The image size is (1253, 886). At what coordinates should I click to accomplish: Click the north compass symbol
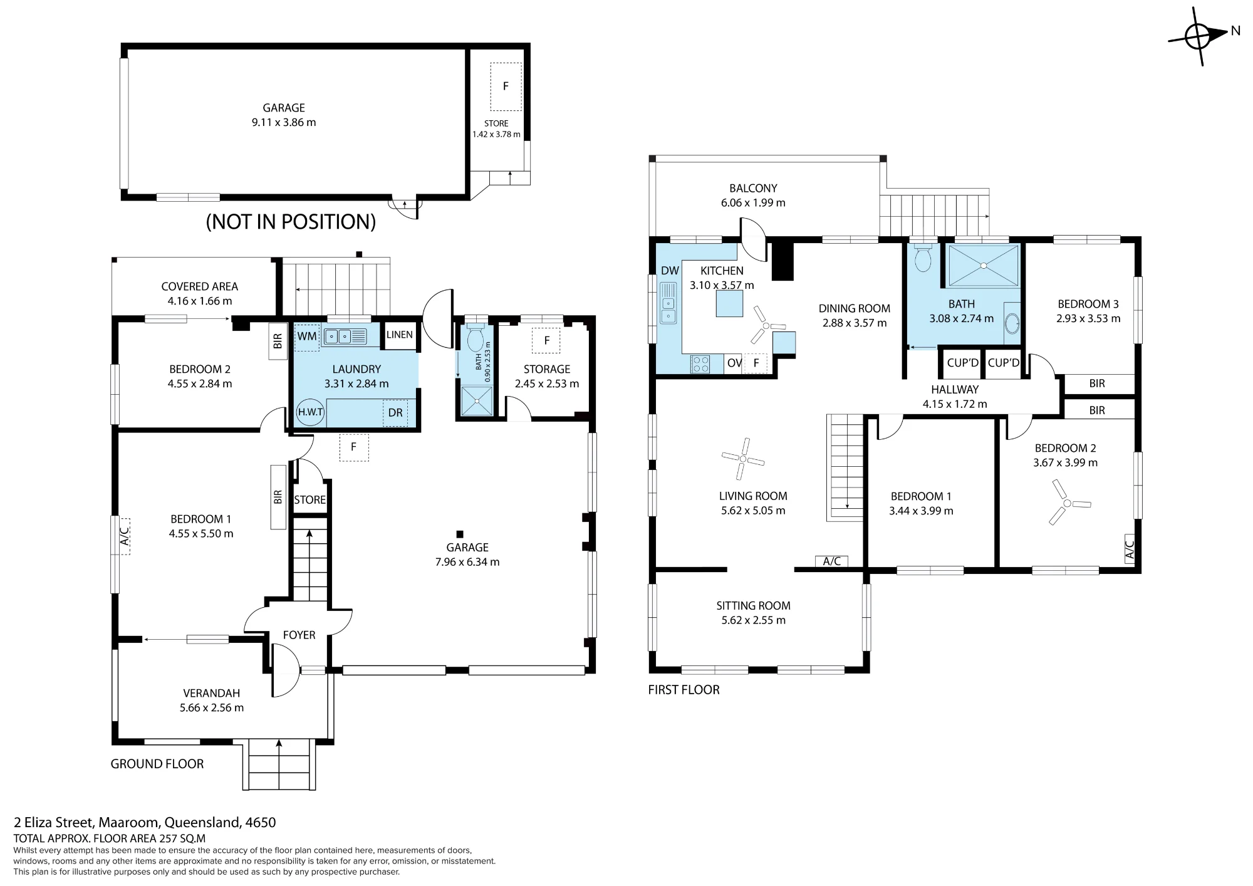(1198, 36)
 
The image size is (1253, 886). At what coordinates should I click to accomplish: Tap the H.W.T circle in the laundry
(310, 412)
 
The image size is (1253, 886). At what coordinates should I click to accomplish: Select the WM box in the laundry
(307, 336)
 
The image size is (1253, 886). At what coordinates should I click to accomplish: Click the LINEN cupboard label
(400, 335)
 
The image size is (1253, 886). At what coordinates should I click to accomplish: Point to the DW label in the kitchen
(670, 271)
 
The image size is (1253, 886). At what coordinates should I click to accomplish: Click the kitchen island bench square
(729, 305)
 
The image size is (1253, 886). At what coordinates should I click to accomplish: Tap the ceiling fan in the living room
(742, 458)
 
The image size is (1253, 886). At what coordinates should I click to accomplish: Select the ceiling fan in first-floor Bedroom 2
(1066, 502)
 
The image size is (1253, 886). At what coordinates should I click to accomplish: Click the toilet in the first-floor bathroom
(923, 258)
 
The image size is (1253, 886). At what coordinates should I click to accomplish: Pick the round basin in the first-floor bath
(1012, 325)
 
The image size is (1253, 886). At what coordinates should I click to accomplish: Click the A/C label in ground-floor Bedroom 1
(124, 536)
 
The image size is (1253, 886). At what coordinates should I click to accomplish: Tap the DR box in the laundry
(395, 413)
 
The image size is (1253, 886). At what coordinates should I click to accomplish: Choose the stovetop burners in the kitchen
(700, 364)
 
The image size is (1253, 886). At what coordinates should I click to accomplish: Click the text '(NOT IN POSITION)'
(291, 221)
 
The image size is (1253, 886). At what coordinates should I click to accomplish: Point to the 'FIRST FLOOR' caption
(684, 689)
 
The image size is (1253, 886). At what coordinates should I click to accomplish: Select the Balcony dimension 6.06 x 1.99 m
(753, 202)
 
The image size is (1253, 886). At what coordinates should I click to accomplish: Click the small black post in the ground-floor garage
(459, 534)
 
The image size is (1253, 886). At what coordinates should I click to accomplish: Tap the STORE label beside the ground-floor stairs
(309, 499)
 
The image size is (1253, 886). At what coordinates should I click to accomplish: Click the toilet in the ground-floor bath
(475, 338)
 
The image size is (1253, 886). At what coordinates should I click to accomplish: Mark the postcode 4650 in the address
(261, 822)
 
